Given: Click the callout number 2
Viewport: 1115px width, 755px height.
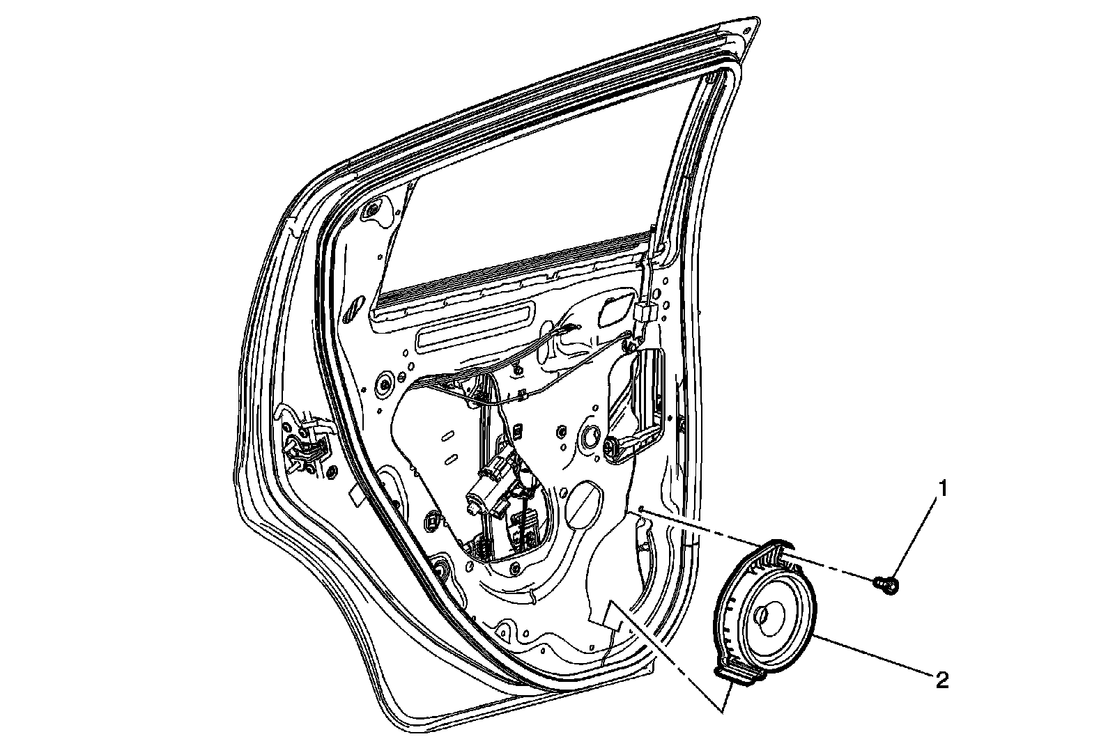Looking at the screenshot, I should tap(941, 680).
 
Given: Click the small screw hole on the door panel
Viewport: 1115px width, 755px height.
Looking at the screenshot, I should tap(639, 509).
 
